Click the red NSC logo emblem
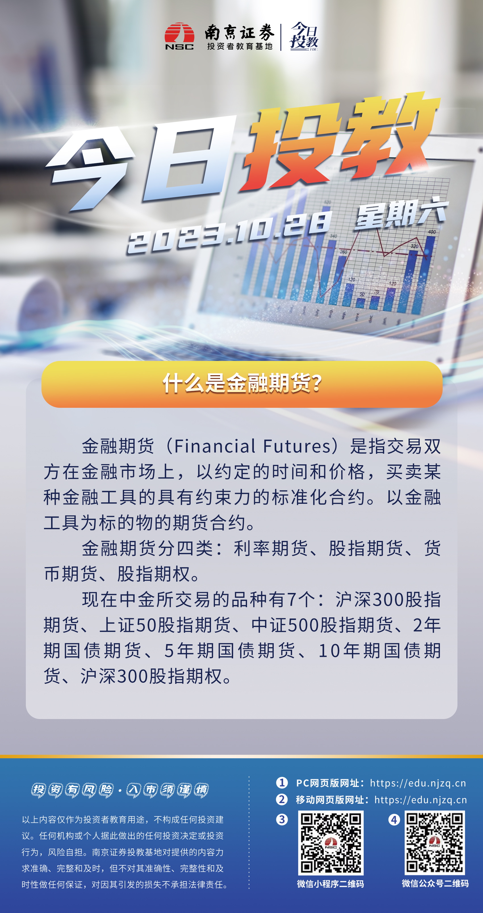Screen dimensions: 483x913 (179, 36)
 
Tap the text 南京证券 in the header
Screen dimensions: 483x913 (240, 33)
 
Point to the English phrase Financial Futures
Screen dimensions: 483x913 (253, 446)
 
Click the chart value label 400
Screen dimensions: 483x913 (432, 232)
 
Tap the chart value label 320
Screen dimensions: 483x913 (414, 246)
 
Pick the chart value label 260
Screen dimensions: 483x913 (343, 252)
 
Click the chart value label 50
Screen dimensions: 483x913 (362, 294)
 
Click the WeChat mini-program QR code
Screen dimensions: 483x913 (331, 843)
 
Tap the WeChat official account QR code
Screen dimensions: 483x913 (435, 843)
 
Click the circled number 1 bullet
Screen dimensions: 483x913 (282, 783)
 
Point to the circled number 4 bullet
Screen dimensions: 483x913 (394, 820)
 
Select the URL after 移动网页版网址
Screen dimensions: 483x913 (421, 800)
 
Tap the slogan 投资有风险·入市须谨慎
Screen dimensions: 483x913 (120, 790)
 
